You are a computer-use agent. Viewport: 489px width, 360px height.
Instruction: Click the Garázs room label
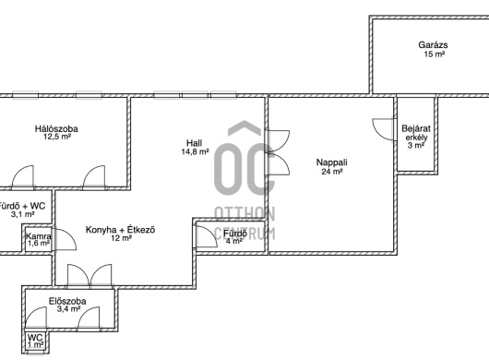point(433,45)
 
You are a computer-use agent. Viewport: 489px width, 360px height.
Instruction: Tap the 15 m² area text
point(435,54)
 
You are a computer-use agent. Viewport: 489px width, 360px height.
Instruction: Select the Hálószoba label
point(56,128)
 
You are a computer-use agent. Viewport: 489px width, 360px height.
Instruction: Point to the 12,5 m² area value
point(57,137)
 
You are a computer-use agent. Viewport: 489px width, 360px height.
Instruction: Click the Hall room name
point(194,143)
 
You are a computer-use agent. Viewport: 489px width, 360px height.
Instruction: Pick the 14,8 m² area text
point(195,152)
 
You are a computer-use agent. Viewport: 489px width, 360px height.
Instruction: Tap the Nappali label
point(332,162)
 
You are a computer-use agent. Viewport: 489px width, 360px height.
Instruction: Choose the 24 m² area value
point(332,172)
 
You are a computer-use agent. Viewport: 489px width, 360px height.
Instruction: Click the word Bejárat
point(416,128)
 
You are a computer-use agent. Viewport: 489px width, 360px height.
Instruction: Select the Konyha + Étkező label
point(120,230)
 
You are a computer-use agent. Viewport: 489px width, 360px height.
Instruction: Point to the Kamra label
point(39,236)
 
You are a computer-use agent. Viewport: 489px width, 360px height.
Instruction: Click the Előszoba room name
point(67,301)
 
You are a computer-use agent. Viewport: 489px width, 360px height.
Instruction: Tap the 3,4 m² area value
point(68,309)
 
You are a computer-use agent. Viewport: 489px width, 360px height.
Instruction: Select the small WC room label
point(35,338)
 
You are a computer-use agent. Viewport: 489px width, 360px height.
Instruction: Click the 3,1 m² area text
point(22,214)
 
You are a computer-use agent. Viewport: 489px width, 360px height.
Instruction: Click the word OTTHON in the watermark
point(244,214)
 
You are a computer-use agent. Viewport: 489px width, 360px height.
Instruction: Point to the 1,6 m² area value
point(39,244)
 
